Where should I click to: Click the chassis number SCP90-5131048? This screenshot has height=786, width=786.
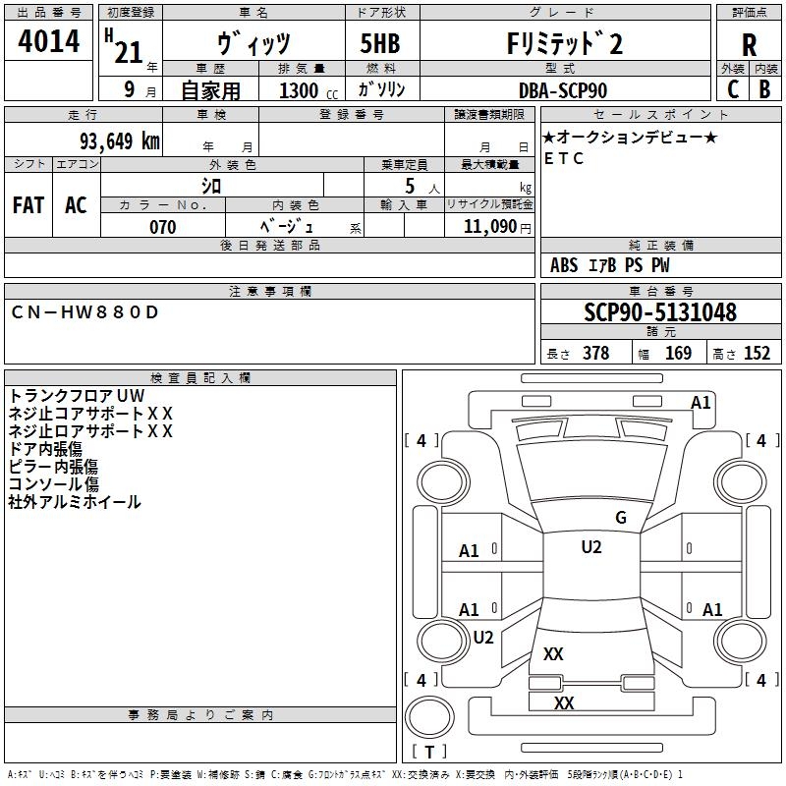tap(659, 312)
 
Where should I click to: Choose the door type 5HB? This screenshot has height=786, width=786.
tap(379, 44)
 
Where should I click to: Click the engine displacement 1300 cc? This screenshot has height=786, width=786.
tap(300, 90)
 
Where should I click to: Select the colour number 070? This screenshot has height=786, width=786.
tap(162, 227)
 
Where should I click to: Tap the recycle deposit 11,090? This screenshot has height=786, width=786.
tap(487, 227)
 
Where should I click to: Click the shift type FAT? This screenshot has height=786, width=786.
tap(28, 205)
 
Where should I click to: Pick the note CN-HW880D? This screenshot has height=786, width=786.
tap(84, 312)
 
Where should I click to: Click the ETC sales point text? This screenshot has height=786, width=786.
tap(564, 158)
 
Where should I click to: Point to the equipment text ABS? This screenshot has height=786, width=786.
tap(564, 265)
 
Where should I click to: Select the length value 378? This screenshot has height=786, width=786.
tap(595, 354)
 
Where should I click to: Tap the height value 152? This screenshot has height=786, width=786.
tap(757, 354)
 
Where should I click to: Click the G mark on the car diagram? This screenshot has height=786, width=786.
tap(621, 518)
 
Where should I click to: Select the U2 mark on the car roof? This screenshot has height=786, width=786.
tap(591, 547)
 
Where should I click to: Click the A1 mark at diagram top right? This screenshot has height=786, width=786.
tap(701, 402)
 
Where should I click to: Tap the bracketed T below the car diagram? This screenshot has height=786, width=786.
tap(429, 753)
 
